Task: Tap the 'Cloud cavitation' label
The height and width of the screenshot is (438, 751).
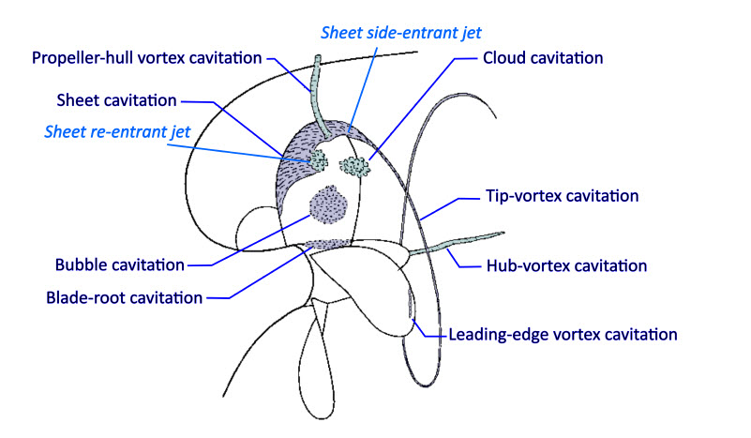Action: point(543,58)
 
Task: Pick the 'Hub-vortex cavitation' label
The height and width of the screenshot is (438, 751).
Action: point(566,265)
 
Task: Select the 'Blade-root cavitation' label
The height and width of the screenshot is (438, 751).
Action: point(125,299)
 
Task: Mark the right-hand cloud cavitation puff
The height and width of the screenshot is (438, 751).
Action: point(354,166)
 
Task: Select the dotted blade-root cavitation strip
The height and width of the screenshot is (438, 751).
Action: point(324,246)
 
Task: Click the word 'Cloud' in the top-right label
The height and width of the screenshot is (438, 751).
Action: point(505,58)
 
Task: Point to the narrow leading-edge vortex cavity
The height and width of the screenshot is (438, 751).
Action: point(410,305)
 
